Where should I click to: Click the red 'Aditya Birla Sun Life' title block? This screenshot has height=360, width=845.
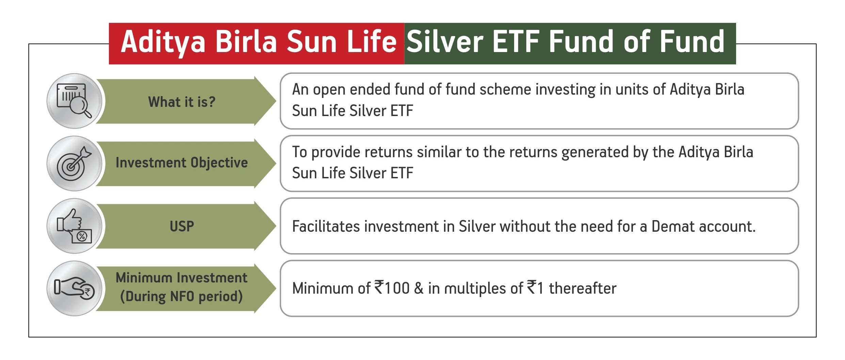click(x=257, y=44)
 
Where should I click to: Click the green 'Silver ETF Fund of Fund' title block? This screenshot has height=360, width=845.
click(x=570, y=44)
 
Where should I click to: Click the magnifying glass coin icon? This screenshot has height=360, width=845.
click(x=74, y=101)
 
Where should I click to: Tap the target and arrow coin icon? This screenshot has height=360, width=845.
click(x=74, y=163)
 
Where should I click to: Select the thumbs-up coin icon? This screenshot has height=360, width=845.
click(x=74, y=226)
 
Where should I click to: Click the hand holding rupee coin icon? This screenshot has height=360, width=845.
click(x=74, y=288)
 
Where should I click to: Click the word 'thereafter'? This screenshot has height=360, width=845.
click(x=583, y=288)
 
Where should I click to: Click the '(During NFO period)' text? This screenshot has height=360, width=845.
click(x=181, y=297)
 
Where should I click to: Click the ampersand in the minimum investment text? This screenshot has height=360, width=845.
click(x=419, y=288)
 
